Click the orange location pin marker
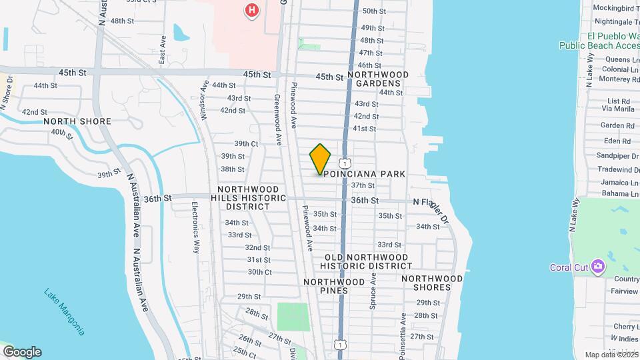click(x=320, y=159)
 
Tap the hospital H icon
click(x=251, y=10)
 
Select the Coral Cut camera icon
click(x=597, y=267)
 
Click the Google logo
click(x=22, y=352)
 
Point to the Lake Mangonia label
click(x=65, y=311)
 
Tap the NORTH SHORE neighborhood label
click(x=77, y=122)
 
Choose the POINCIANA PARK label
click(x=365, y=174)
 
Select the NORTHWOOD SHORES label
click(x=432, y=283)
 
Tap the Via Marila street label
click(x=618, y=109)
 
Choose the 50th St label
click(x=373, y=11)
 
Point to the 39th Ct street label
click(x=245, y=144)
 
